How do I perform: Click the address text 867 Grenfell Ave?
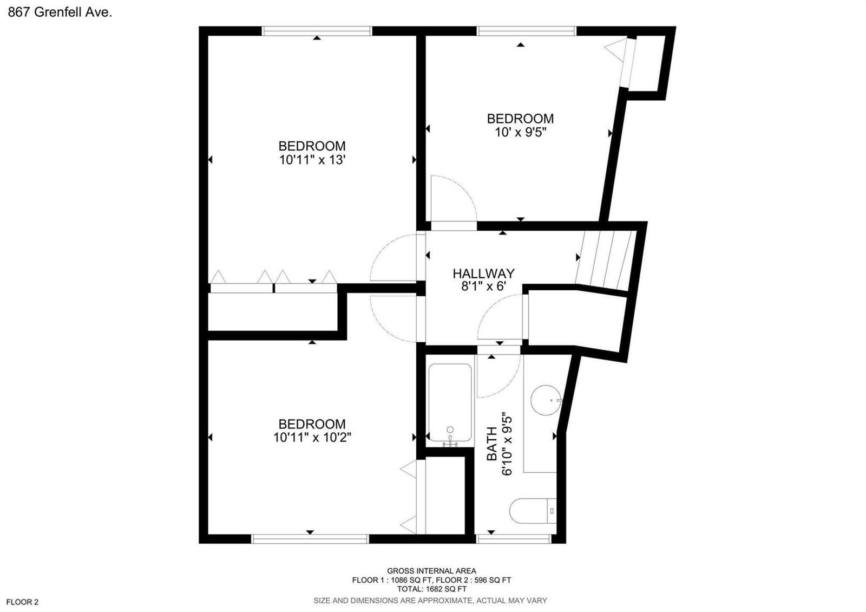60,12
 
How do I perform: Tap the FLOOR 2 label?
22,602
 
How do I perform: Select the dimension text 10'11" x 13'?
312,160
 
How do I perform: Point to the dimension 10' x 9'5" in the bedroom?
520,132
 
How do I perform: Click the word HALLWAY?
484,274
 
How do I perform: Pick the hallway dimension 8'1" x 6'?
484,287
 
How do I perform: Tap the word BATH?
492,444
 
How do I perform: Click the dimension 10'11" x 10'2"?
312,438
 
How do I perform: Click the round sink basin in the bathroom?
546,400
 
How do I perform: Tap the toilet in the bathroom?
533,511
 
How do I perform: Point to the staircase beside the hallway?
605,261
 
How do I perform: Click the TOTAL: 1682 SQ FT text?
431,589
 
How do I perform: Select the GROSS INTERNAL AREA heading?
431,571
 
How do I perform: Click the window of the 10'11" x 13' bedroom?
317,31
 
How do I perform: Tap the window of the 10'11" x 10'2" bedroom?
310,539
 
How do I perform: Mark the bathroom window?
513,539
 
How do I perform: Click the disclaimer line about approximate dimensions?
430,601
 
